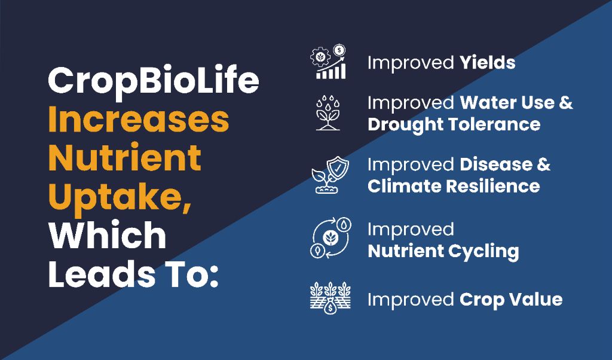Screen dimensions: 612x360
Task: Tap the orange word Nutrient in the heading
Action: [x=124, y=158]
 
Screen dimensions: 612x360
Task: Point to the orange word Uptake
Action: [x=120, y=197]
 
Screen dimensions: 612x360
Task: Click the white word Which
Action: [x=108, y=235]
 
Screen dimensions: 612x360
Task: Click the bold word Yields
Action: [x=487, y=62]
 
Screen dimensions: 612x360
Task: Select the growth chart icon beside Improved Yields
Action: [x=328, y=62]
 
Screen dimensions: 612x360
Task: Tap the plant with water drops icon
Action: [x=328, y=112]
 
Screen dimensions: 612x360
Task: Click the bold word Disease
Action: [x=495, y=164]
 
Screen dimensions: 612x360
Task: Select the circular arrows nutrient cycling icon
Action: [x=331, y=237]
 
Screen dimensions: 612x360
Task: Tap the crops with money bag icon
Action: [x=330, y=298]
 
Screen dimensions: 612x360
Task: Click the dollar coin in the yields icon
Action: [x=339, y=50]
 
